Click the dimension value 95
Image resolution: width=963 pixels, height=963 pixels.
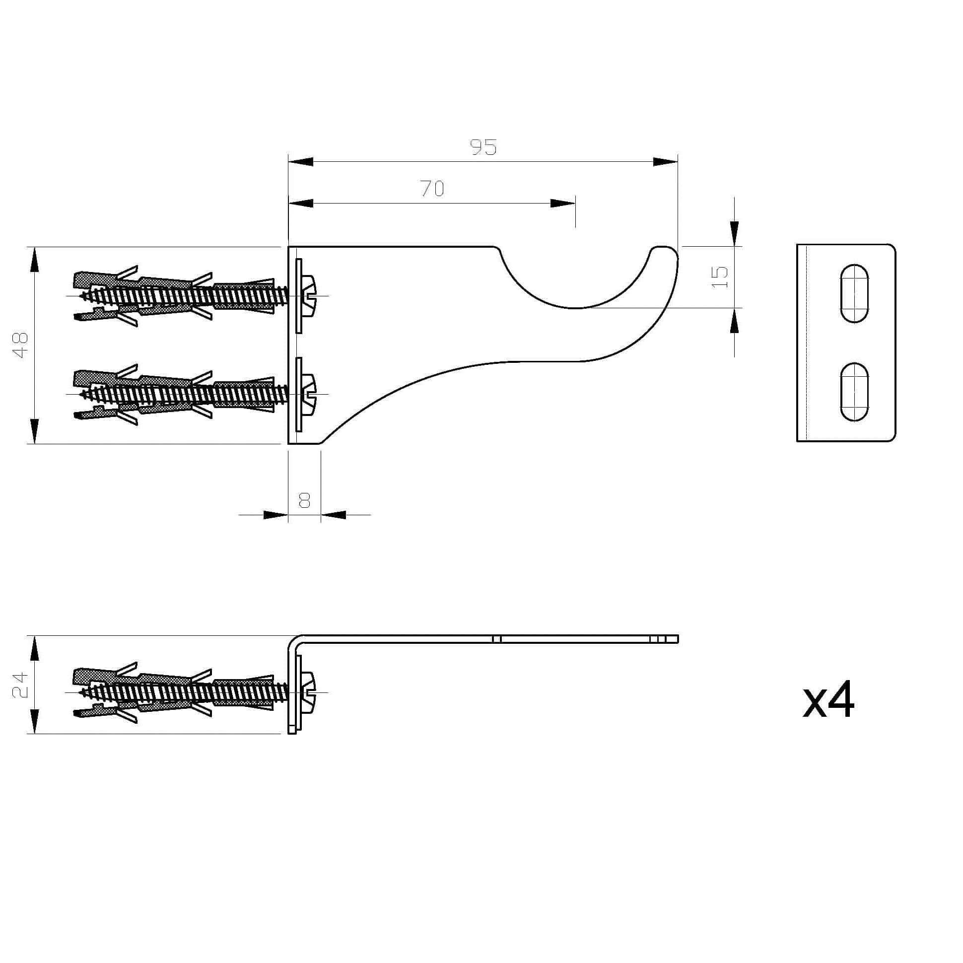(483, 147)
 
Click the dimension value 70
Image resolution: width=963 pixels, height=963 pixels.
(432, 189)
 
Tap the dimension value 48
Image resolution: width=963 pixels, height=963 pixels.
(20, 345)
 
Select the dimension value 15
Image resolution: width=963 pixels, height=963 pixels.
(720, 277)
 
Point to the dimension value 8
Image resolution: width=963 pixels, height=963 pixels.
(304, 500)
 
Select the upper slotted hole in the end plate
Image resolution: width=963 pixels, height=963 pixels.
(854, 293)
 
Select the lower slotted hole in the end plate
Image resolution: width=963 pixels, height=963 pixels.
(854, 392)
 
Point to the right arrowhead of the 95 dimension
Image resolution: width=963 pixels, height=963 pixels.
(666, 161)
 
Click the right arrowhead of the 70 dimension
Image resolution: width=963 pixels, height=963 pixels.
(563, 204)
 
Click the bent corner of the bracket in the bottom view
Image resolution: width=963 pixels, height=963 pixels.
(293, 640)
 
